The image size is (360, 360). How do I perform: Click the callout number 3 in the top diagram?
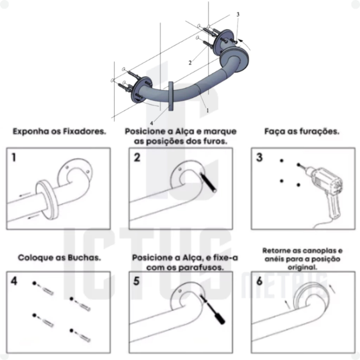click(238, 14)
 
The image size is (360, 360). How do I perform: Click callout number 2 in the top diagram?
click(190, 63)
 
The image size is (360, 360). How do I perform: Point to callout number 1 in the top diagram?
click(208, 110)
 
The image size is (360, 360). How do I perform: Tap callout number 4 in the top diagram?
click(152, 123)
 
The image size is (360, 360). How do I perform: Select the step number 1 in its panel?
click(14, 157)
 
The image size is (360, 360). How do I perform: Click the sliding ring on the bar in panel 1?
click(47, 199)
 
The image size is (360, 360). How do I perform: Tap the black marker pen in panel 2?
click(208, 182)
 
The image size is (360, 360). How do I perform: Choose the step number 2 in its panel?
click(137, 157)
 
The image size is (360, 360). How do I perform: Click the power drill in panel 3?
click(326, 193)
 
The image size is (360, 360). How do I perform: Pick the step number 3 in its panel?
click(259, 157)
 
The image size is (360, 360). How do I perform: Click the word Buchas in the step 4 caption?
click(84, 258)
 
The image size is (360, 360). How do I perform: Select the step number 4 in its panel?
click(14, 281)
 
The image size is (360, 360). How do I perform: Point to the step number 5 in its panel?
click(136, 281)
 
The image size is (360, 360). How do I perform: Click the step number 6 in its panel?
click(259, 281)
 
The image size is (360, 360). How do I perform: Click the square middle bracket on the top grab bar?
click(171, 96)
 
